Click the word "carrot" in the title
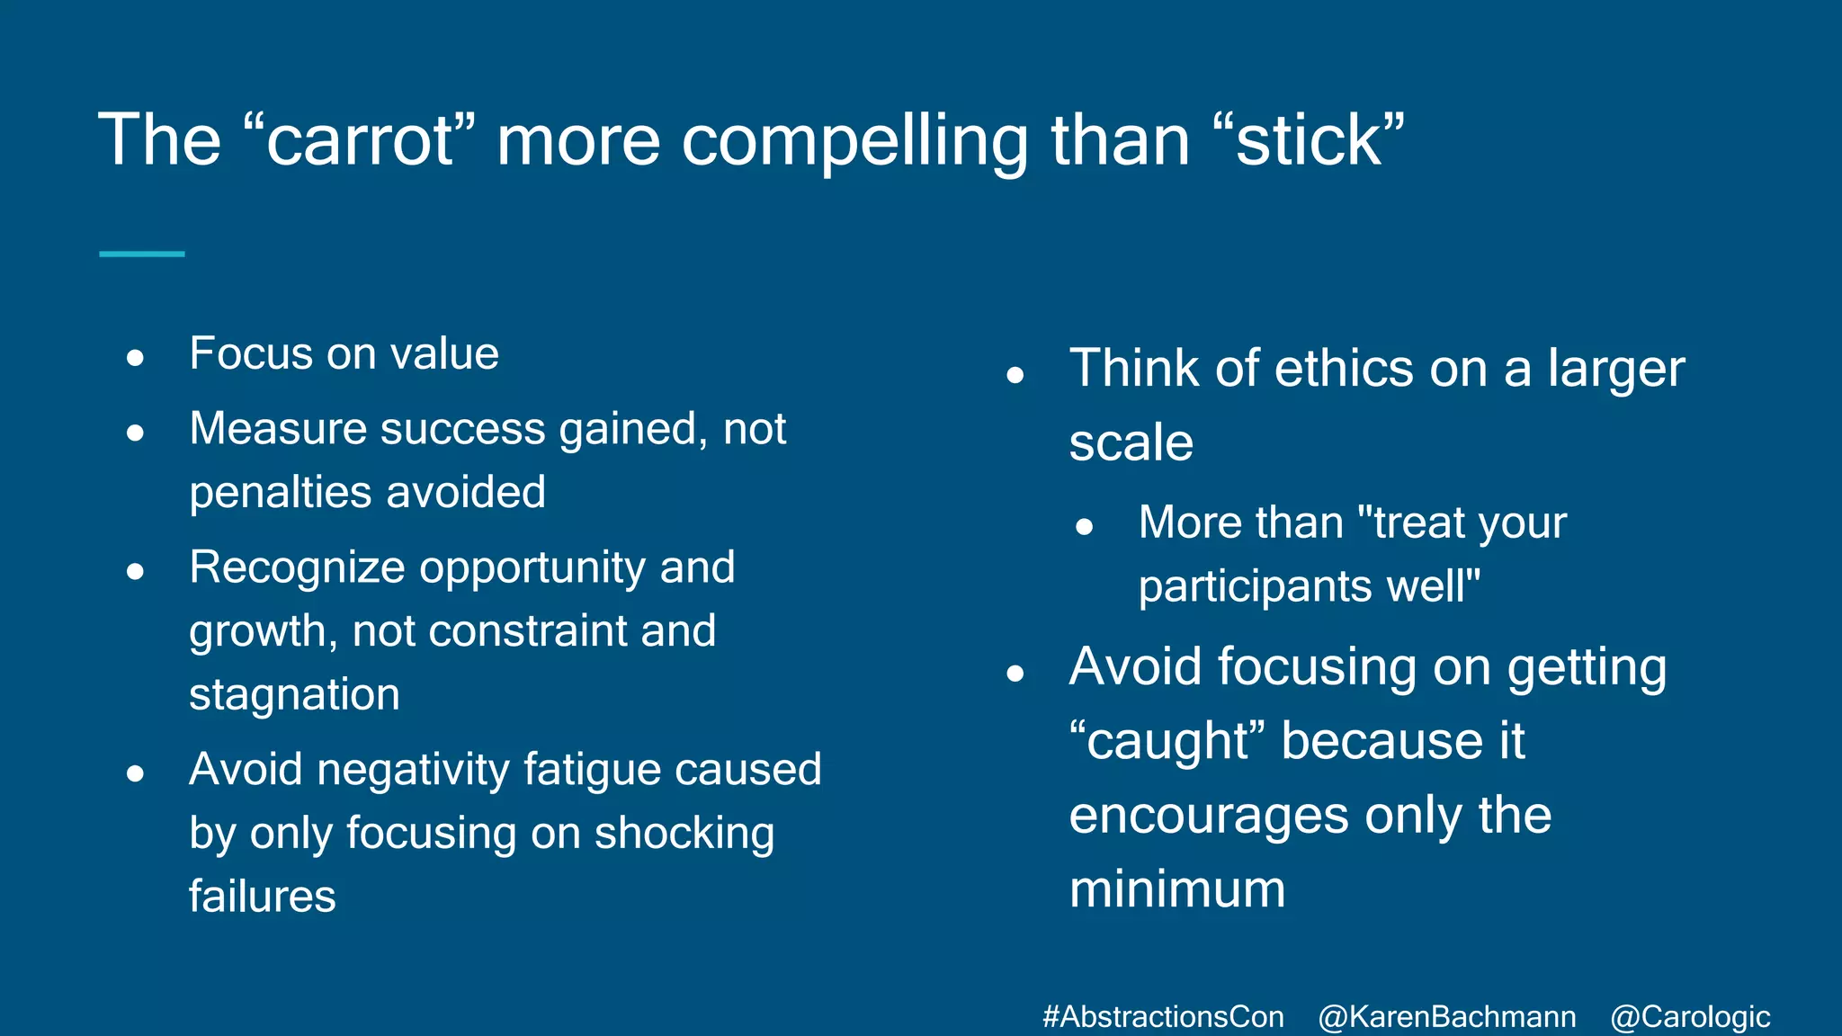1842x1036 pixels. (360, 142)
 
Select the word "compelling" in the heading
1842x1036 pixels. (854, 142)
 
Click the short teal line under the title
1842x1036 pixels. (141, 255)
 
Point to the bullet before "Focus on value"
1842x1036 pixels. (136, 359)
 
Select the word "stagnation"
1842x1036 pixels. (294, 694)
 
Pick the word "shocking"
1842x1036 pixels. (684, 833)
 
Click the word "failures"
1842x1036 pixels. (262, 897)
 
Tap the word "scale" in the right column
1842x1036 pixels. (1131, 442)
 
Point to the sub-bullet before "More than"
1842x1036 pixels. (1084, 527)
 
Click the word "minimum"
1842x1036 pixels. (1177, 889)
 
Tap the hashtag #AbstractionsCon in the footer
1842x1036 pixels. (1163, 1017)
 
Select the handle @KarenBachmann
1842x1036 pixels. (1446, 1017)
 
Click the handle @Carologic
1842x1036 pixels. (1689, 1017)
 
